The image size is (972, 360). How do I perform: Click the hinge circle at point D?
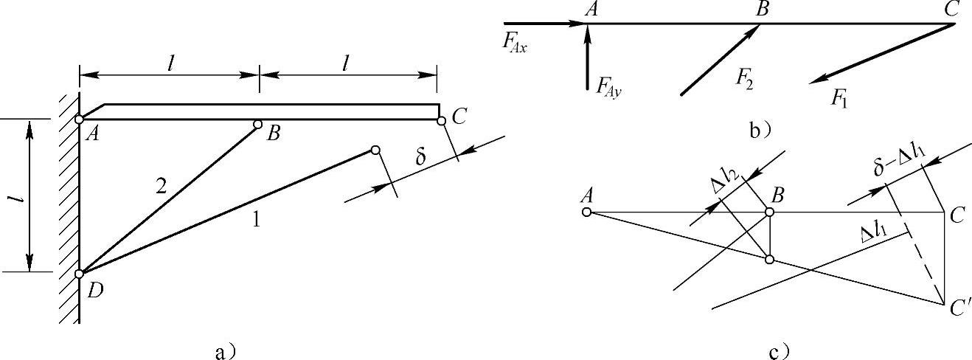click(x=79, y=274)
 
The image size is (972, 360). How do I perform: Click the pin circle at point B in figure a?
click(x=258, y=125)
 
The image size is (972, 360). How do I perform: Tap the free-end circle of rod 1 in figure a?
click(x=376, y=150)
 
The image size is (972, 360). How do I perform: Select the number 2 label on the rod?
click(x=160, y=187)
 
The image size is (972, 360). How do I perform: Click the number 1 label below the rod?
click(x=257, y=220)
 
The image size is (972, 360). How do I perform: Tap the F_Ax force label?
click(x=515, y=42)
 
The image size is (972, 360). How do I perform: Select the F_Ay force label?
click(x=608, y=87)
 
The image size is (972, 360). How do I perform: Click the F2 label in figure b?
click(x=744, y=80)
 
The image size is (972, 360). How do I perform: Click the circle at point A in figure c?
click(x=586, y=212)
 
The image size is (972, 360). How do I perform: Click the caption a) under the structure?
click(x=225, y=351)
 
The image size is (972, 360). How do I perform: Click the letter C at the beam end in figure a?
click(x=459, y=117)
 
